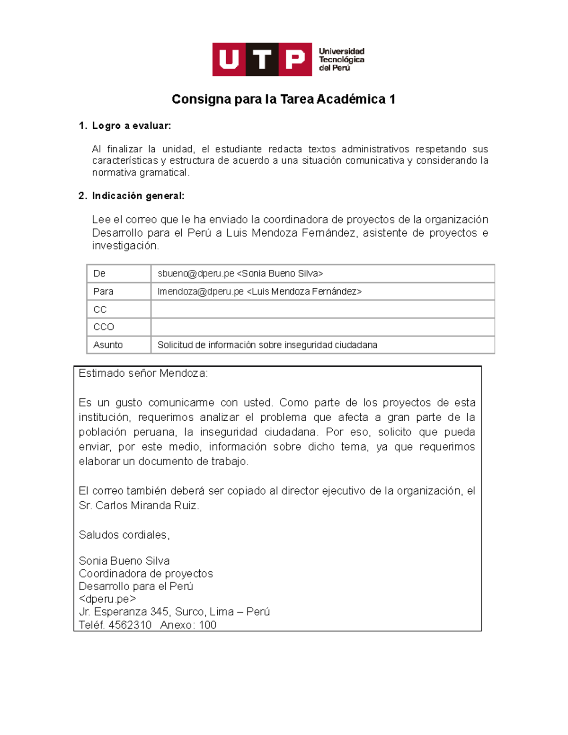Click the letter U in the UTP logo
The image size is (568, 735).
229,60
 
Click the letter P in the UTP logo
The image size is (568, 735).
295,60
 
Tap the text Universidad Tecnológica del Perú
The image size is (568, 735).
341,60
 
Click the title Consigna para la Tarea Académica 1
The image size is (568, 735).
284,99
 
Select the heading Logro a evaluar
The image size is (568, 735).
131,126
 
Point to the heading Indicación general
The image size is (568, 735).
138,196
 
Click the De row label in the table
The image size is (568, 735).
99,274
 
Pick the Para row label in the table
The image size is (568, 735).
103,292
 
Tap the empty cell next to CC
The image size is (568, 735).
322,310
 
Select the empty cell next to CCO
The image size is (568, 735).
322,327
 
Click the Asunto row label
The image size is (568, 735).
108,345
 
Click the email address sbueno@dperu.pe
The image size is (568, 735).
195,274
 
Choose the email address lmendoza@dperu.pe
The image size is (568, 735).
200,292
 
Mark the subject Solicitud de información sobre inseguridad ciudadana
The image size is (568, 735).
267,345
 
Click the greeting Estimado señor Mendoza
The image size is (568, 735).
143,373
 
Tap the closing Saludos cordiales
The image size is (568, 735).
124,535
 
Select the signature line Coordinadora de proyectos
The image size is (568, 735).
146,574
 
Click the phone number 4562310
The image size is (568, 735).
130,625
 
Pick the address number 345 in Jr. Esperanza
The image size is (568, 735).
159,612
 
